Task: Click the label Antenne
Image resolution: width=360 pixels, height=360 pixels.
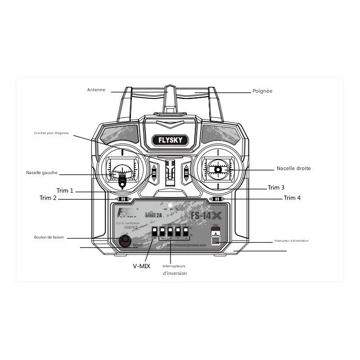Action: point(96,90)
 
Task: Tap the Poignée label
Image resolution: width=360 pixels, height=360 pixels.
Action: point(262,91)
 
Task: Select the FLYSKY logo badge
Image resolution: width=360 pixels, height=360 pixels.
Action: point(170,140)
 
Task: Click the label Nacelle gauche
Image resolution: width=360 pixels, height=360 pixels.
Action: point(42,173)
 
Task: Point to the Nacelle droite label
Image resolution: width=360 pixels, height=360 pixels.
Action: point(293,168)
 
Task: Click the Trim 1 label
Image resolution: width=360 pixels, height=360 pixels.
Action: point(65,190)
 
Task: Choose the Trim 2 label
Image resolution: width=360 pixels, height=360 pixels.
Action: point(48,198)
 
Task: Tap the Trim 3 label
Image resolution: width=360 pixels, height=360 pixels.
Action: point(276,187)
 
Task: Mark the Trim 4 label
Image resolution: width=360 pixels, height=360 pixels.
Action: point(292,198)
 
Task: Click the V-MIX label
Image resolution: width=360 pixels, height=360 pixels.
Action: point(141,266)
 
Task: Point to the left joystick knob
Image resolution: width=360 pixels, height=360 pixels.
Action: point(122,182)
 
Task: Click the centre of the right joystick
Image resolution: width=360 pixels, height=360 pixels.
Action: point(218,170)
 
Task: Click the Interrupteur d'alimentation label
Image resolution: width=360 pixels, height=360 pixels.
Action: point(291,241)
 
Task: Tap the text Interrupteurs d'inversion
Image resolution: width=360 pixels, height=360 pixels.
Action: point(174,270)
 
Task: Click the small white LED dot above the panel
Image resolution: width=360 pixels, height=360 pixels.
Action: point(171,205)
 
